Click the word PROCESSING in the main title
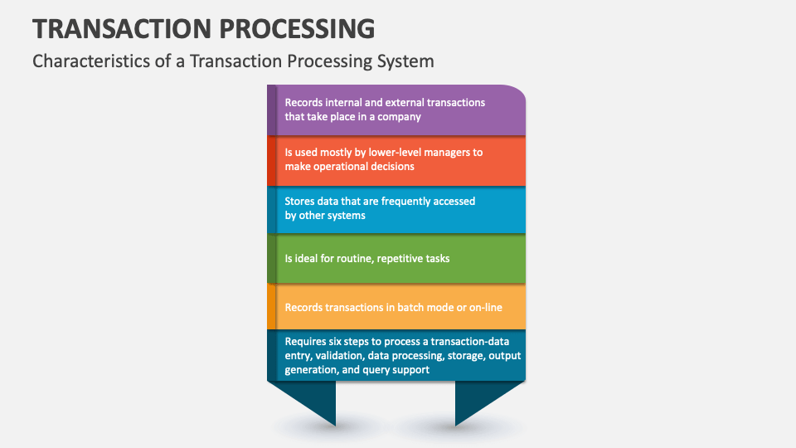click(300, 28)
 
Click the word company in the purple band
click(396, 117)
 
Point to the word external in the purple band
click(402, 103)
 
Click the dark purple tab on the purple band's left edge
click(271, 110)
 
